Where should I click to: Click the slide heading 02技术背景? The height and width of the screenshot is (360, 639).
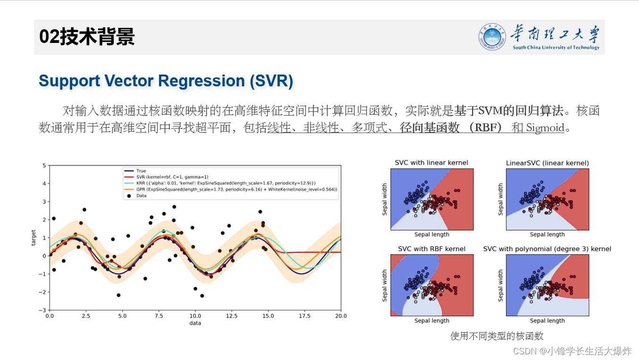click(87, 37)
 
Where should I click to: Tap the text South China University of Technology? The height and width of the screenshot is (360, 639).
click(556, 48)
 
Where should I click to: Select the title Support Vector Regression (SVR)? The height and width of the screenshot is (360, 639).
click(166, 81)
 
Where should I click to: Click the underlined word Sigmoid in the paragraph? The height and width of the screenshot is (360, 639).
click(545, 128)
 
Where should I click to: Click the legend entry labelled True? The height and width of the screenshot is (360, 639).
click(141, 171)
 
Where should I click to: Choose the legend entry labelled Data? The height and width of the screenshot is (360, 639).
click(141, 195)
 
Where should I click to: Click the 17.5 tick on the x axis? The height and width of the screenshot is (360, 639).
click(304, 316)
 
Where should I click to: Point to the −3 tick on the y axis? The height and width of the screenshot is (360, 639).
click(44, 310)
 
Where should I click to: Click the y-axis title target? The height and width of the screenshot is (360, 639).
click(33, 238)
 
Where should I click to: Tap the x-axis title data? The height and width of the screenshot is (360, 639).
click(195, 323)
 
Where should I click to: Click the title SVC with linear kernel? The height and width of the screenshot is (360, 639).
click(431, 163)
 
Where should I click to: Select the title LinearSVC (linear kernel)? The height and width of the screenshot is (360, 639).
click(547, 163)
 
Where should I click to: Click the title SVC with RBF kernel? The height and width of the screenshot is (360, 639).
click(431, 249)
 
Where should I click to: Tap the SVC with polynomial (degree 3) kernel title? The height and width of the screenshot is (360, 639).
click(547, 249)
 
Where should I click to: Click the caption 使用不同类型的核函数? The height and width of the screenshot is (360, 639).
click(497, 336)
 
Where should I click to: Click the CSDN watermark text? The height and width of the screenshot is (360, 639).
click(572, 351)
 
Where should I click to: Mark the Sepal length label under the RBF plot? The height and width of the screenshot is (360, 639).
click(432, 321)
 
